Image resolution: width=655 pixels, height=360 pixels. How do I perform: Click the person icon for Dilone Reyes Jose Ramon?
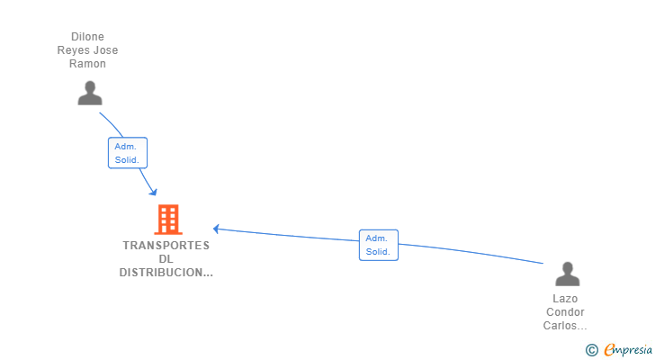90,93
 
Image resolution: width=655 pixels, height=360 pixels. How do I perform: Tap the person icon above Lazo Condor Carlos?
567,274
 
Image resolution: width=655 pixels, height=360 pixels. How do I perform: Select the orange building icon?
167,220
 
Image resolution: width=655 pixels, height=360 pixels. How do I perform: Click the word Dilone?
88,37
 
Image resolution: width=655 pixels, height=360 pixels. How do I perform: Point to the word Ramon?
88,64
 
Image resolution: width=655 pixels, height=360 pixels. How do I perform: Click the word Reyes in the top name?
73,50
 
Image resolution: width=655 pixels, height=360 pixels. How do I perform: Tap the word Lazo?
565,299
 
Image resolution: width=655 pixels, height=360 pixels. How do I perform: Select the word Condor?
565,312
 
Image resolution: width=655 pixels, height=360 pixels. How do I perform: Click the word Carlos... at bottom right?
565,326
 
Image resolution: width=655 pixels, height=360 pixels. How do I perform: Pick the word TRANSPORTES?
166,246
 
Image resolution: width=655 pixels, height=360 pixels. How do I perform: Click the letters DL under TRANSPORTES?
166,259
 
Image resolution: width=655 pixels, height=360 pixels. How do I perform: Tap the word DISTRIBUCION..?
166,273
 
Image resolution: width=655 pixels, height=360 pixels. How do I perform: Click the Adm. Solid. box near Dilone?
127,152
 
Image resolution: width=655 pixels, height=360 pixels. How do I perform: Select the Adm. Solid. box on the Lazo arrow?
378,245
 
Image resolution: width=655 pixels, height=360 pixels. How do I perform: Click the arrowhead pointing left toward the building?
216,229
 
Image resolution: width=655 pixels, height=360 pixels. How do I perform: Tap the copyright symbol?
591,350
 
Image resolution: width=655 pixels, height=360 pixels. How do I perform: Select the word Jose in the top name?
105,50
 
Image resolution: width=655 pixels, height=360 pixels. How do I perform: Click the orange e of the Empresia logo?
609,350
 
